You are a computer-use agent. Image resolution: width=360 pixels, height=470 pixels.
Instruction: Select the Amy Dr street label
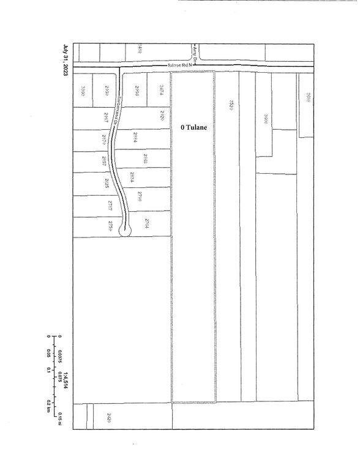195,52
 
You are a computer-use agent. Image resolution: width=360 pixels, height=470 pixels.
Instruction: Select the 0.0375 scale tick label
61,356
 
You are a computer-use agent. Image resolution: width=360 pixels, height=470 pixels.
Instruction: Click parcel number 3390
82,91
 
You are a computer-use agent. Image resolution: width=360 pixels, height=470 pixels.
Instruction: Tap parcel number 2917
105,117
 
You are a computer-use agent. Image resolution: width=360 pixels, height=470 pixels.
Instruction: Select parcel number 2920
161,116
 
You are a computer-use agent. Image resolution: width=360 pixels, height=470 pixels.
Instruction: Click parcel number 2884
133,137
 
